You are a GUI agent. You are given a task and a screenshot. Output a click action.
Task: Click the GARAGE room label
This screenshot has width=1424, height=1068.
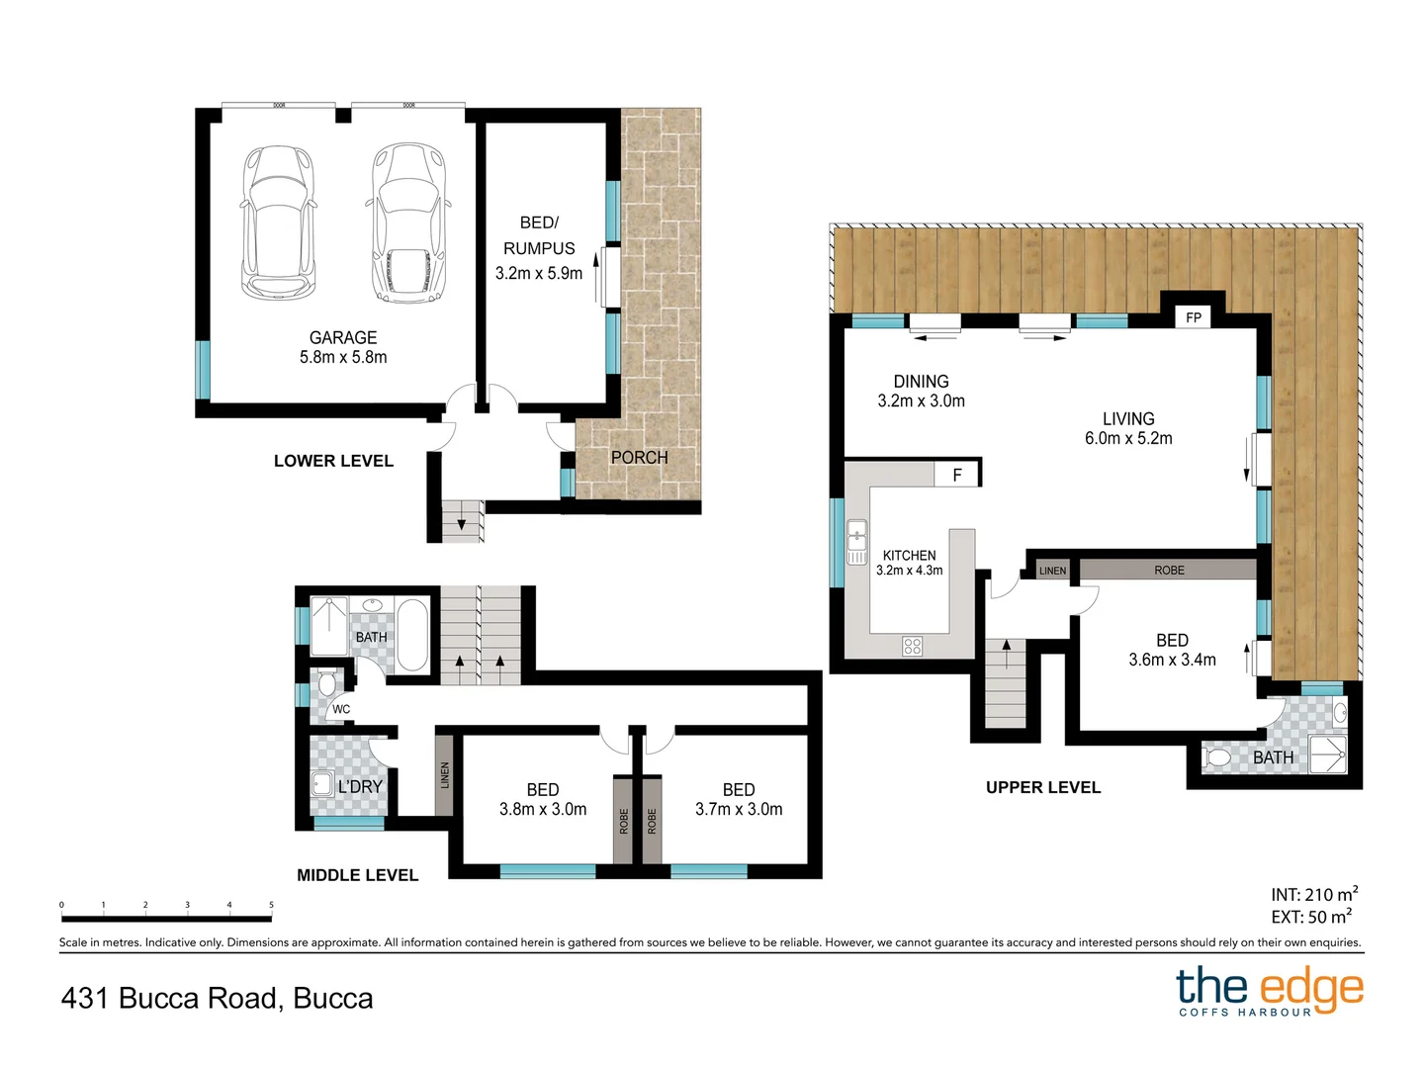342,337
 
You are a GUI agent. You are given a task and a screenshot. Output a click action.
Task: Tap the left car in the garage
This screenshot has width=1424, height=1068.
279,223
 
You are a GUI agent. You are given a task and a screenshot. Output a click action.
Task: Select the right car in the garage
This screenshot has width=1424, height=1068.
407,223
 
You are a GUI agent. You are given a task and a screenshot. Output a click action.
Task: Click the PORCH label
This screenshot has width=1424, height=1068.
639,458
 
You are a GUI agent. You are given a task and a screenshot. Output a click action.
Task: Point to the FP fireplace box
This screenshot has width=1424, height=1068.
1194,317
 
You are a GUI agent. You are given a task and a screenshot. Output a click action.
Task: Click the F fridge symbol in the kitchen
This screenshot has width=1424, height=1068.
957,476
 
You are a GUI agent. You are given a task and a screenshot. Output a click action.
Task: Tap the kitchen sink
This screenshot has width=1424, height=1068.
856,542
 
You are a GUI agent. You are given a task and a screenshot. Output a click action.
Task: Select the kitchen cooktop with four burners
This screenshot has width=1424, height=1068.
913,647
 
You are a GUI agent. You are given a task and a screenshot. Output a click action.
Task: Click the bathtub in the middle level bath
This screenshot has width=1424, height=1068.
413,635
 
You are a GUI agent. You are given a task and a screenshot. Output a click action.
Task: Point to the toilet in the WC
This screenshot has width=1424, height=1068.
327,683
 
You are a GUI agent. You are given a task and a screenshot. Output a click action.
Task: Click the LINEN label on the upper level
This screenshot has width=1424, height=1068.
1052,571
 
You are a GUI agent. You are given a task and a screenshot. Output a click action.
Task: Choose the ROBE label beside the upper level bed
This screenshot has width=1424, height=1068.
1169,571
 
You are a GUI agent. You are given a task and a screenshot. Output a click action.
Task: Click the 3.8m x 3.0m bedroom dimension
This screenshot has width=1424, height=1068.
542,809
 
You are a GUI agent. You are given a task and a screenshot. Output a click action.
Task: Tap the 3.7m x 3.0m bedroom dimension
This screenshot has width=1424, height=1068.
739,809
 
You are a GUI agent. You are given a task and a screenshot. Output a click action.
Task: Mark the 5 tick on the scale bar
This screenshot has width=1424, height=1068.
271,905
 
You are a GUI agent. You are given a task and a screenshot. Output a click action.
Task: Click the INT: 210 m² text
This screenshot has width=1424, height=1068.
1314,895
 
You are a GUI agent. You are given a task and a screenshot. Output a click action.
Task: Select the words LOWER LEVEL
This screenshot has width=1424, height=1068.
333,461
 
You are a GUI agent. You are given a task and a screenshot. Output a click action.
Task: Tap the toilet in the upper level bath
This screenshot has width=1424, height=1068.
1217,758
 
